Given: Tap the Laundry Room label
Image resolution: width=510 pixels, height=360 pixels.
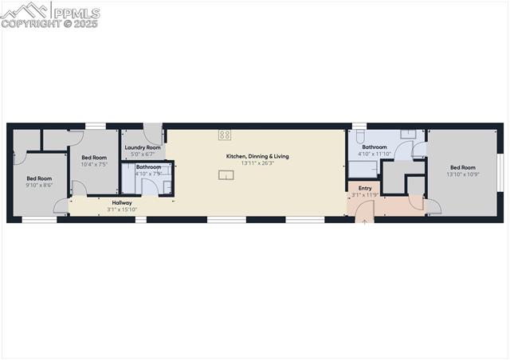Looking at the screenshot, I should click(x=143, y=147).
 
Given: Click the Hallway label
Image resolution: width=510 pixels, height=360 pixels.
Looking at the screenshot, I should click(x=122, y=203).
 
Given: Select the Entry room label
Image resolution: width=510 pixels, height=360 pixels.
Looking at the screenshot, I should click(x=364, y=188).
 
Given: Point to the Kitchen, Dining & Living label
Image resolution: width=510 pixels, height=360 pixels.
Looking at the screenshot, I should click(x=257, y=156).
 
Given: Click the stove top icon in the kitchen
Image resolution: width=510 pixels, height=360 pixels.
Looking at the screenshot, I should click(x=225, y=135).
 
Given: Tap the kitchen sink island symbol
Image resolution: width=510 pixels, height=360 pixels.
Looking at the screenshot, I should click(x=226, y=174).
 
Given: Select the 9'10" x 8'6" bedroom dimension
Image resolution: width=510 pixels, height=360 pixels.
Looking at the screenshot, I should click(x=39, y=185).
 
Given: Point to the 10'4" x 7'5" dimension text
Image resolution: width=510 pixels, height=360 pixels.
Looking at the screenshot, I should click(x=94, y=164).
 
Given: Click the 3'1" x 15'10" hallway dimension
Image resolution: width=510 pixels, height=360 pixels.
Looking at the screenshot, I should click(x=122, y=209).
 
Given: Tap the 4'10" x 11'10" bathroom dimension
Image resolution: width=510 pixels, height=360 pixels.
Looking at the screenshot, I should click(x=375, y=154).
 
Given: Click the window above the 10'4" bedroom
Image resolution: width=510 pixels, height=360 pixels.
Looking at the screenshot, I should click(x=95, y=126).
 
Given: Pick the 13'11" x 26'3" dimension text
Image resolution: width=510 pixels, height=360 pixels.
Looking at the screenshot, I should click(x=257, y=163).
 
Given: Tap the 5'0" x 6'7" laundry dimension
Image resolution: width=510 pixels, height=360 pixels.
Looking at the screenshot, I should click(x=143, y=154).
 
